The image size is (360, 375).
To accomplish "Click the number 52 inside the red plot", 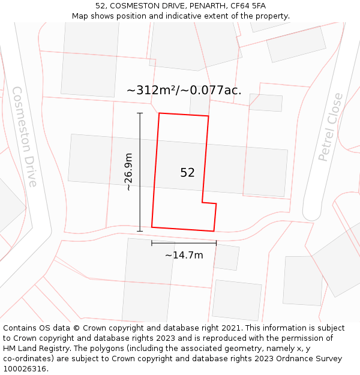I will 187,173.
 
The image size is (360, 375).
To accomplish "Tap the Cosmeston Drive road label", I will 25,136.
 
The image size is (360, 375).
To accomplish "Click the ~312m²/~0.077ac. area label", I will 184,91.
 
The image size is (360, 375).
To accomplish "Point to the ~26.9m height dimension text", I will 128,172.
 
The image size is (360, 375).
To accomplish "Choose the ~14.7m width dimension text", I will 184,255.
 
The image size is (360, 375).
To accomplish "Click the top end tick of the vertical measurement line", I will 140,113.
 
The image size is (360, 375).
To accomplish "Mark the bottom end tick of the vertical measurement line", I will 140,231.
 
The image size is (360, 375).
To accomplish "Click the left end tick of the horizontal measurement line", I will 152,243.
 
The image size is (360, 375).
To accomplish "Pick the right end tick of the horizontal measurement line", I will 216,243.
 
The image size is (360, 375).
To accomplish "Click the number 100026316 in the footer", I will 24,368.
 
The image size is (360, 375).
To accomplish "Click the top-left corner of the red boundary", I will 159,113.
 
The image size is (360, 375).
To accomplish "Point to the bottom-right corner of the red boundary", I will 214,231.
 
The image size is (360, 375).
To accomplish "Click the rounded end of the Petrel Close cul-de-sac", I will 311,214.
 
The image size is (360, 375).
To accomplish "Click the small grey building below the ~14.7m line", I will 226,257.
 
